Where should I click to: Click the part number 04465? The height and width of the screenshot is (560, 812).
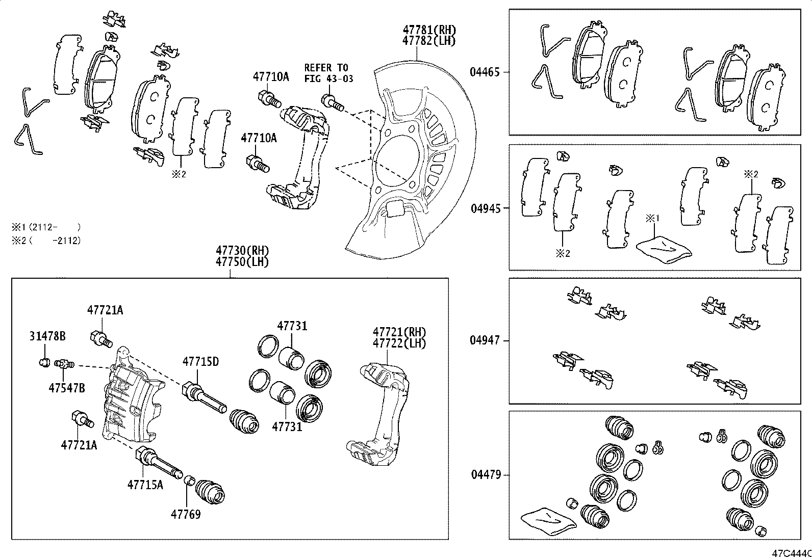[x=485, y=72]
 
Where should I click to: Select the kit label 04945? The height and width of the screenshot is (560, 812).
[x=485, y=208]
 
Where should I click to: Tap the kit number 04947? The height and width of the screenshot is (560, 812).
[x=485, y=340]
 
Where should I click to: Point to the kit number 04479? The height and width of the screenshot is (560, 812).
[x=485, y=475]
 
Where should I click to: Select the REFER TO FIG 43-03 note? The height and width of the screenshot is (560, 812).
[x=328, y=73]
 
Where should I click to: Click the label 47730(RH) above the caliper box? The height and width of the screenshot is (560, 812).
[x=242, y=251]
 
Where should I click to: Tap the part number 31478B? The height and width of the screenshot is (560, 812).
[x=47, y=336]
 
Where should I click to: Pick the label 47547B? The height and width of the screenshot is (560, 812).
[x=66, y=388]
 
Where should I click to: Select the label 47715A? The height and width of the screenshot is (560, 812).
[x=145, y=484]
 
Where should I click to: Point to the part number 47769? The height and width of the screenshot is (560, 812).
[x=185, y=514]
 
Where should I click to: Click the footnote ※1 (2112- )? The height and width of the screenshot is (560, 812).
[x=46, y=227]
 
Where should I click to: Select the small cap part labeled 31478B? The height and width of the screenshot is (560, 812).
[x=44, y=363]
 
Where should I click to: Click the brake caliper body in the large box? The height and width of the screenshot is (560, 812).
[x=133, y=403]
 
